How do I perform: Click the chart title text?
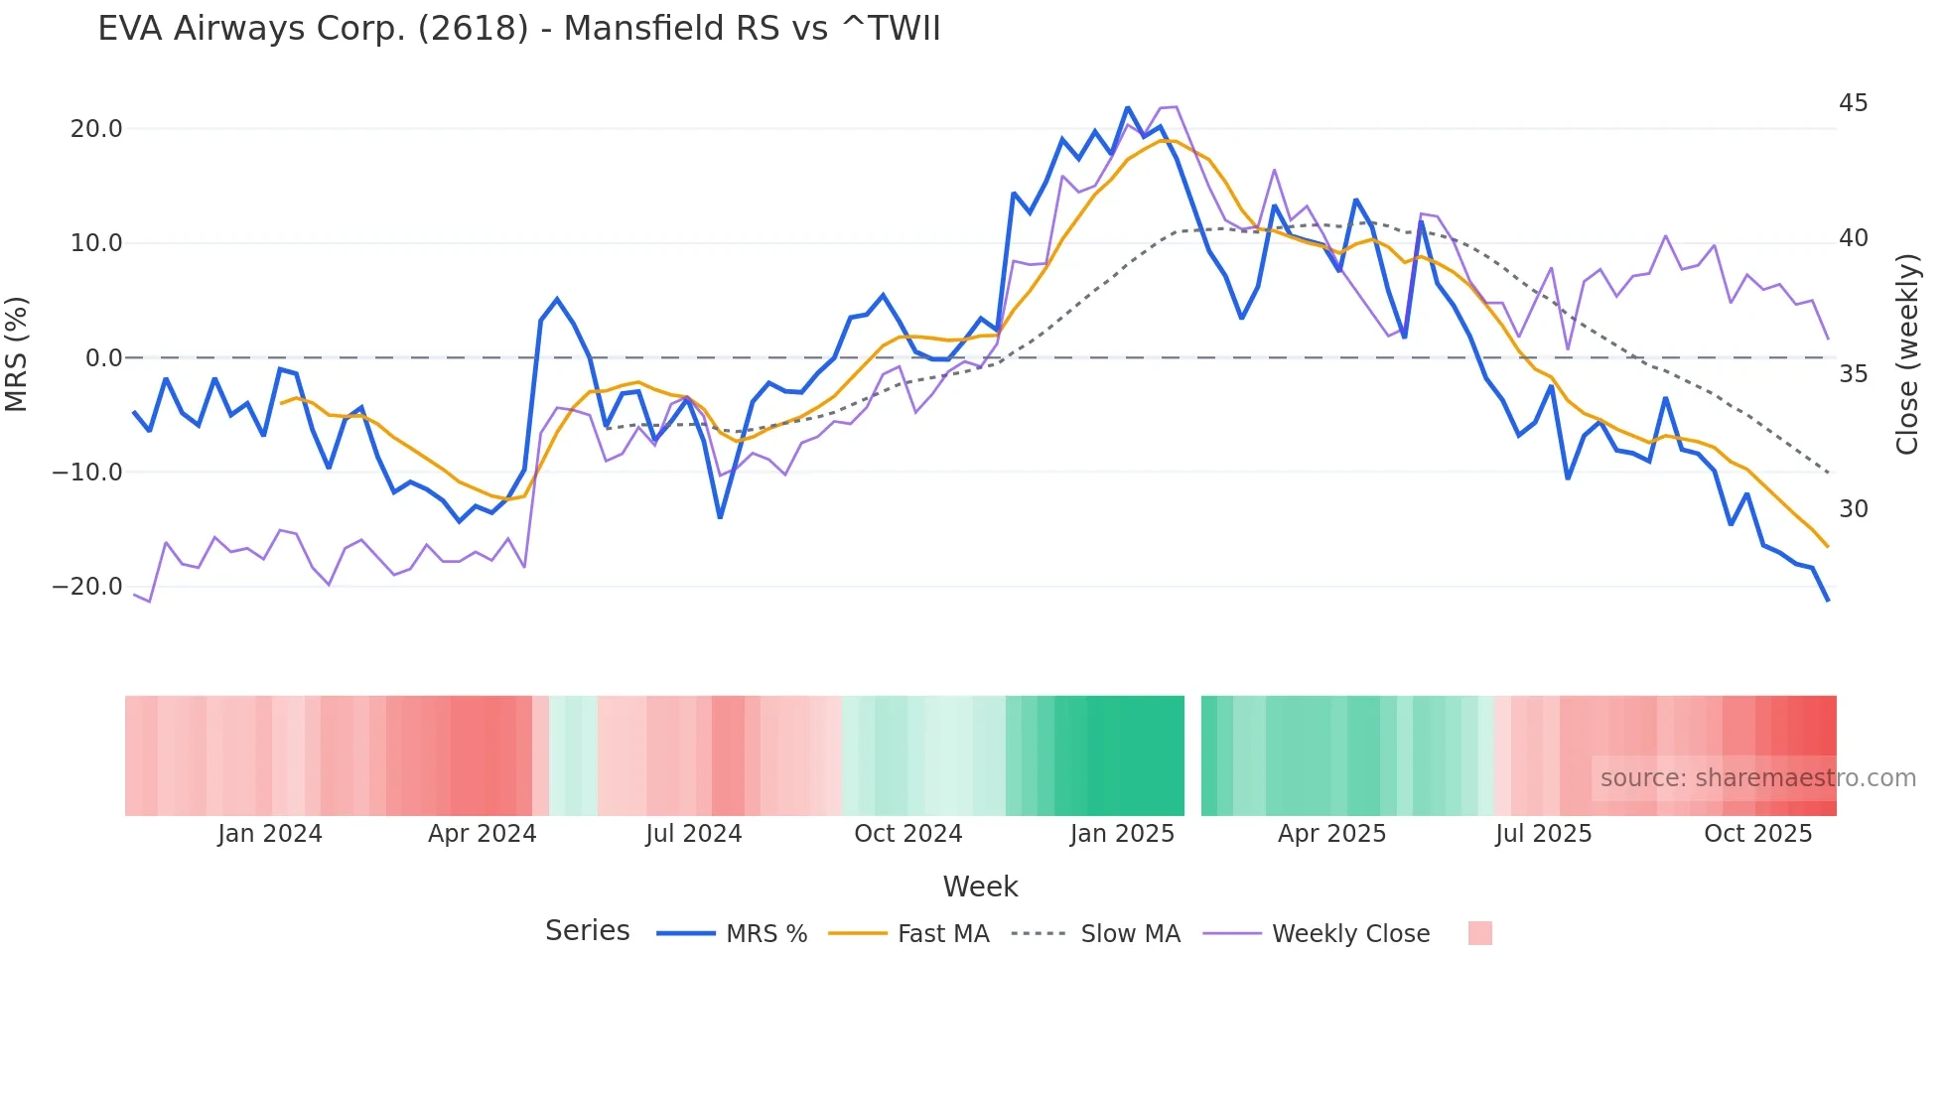518,29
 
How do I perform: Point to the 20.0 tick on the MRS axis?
96,129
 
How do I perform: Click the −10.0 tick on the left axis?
87,473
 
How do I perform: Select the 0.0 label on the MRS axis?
104,358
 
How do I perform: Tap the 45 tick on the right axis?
1853,103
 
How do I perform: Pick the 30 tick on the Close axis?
1853,509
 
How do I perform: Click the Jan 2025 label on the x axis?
1122,834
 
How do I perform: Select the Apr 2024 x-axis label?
482,834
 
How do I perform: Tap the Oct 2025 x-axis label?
1757,834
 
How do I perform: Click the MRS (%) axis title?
17,353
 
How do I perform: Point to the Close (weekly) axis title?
1907,354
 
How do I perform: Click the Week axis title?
980,887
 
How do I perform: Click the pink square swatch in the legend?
1479,933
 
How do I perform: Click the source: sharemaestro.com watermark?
1757,778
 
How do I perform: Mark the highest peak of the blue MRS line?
1128,108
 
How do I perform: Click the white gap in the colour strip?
1192,755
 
